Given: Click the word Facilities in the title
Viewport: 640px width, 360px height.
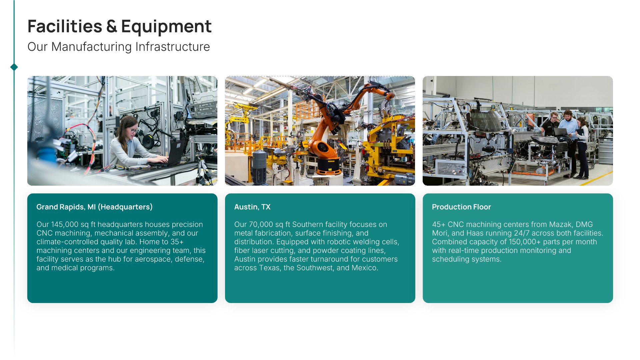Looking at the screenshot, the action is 65,26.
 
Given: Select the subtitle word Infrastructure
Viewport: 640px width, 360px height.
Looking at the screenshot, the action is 173,47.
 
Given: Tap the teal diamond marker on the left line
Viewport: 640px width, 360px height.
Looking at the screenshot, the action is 14,67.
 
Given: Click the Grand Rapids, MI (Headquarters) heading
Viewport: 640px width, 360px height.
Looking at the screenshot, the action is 94,207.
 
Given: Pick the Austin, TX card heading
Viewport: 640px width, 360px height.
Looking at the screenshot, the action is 252,207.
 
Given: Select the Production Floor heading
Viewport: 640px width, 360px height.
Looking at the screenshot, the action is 461,207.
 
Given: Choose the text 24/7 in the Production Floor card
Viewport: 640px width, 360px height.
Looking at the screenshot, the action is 522,233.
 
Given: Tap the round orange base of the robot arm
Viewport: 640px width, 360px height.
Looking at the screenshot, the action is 329,166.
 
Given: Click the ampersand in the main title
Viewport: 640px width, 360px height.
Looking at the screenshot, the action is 112,26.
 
